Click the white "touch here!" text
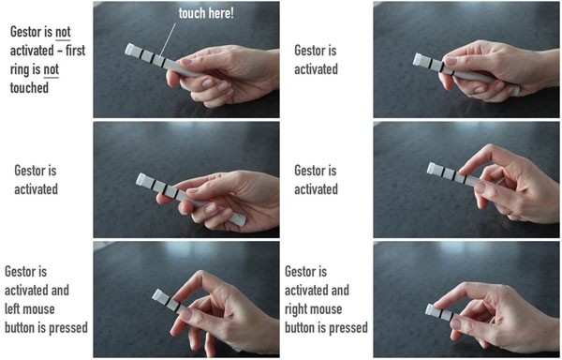[206, 13]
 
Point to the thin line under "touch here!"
[168, 40]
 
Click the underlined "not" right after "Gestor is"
[63, 32]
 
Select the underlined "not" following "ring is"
[51, 69]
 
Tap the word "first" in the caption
[75, 51]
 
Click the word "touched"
[29, 88]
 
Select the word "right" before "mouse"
[296, 309]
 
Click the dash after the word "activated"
[60, 51]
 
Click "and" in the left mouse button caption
[60, 290]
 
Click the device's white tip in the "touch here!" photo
[130, 49]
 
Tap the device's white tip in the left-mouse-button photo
[157, 295]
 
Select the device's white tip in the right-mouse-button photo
[430, 309]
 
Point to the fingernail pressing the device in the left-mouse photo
[186, 315]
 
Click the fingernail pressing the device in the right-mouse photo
[457, 324]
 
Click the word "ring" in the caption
[21, 70]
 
